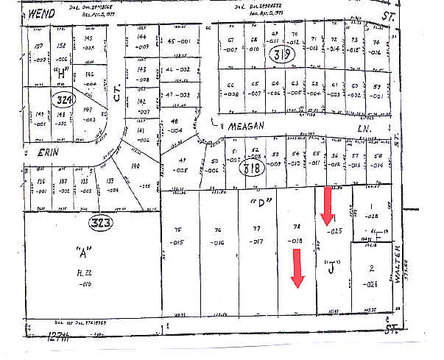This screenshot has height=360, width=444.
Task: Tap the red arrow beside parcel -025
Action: click(325, 205)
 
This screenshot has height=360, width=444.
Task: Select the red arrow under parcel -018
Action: click(297, 268)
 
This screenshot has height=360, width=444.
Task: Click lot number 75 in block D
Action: click(177, 230)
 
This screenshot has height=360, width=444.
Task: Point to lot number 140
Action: click(135, 166)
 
